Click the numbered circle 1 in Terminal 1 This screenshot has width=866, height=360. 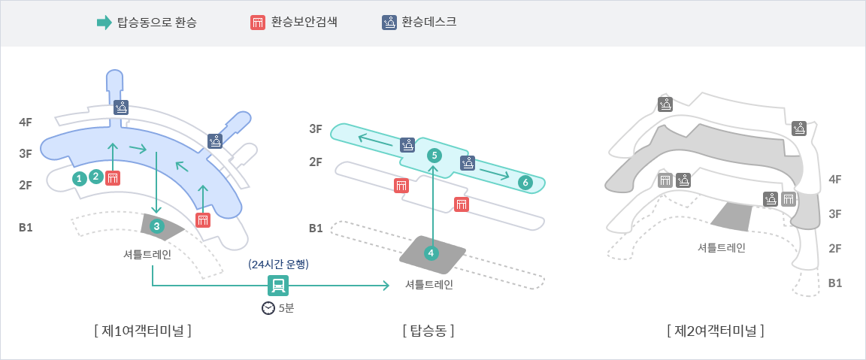coord(78,178)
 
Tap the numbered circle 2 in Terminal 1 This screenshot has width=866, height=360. coord(95,177)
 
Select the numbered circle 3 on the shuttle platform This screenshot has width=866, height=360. coord(156,225)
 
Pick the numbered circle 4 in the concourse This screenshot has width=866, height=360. coord(431,253)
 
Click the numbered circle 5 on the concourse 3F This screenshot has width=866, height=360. coord(433,156)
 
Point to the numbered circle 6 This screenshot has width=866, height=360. coord(525,182)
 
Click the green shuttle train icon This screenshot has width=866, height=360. coord(278,285)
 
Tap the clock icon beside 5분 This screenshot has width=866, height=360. coord(268,308)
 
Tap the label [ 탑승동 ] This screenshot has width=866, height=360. coord(428,330)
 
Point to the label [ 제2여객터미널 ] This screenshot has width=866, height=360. coord(715,330)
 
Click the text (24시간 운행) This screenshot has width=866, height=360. coord(278,264)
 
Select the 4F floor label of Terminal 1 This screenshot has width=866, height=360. coord(26,122)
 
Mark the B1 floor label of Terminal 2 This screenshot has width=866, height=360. coord(834,283)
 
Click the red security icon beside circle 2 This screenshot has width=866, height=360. coord(113,178)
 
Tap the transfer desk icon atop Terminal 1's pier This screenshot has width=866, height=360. coord(121,107)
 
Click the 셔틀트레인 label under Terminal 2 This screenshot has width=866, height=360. coord(721,247)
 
